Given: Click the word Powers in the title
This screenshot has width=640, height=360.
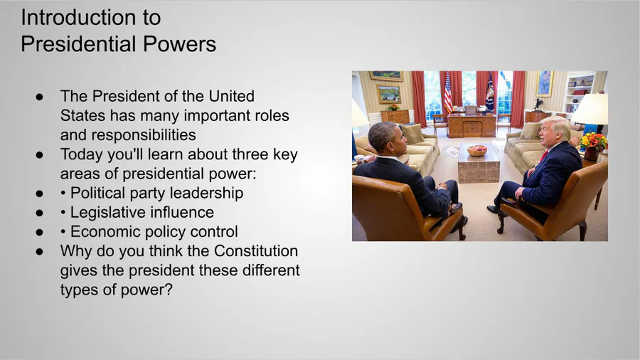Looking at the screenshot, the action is [179, 44].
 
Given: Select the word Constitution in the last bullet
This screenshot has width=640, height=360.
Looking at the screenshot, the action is [256, 251].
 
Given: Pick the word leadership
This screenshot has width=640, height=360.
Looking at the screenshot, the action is [206, 193].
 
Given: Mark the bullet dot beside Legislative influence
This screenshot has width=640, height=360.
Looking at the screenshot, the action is [39, 213].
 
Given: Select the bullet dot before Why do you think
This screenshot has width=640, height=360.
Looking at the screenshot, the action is [39, 251].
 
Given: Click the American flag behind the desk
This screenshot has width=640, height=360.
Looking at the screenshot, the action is [448, 92].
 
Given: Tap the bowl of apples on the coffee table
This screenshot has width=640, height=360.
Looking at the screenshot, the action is [477, 150].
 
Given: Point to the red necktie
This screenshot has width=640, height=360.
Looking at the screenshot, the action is [544, 156].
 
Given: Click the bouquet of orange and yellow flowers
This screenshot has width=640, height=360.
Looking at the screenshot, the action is [594, 142].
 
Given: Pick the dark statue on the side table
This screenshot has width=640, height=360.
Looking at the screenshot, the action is [539, 103].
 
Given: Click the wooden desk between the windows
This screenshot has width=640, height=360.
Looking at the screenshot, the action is [471, 125].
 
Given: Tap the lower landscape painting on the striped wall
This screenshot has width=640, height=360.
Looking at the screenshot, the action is [388, 95].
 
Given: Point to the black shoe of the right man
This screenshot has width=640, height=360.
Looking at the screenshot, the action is [492, 209].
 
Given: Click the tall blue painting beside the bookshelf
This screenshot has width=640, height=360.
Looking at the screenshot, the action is [545, 83].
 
